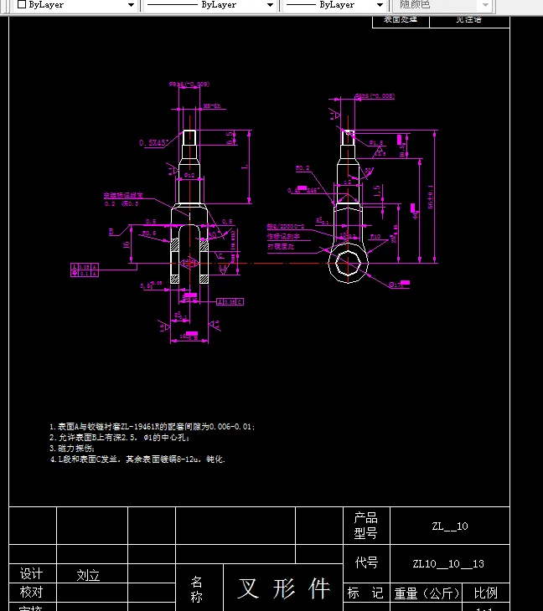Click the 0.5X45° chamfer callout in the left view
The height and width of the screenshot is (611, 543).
pos(153,143)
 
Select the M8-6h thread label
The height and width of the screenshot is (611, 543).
pos(212,106)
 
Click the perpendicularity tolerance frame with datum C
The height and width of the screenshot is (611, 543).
pos(230,300)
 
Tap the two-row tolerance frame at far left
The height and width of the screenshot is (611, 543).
pos(85,269)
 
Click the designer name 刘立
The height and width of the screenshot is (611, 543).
pos(88,576)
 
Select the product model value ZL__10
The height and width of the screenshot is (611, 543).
pos(449,526)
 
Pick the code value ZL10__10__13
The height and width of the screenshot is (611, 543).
pos(449,563)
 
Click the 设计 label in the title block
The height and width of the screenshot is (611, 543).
pos(31,574)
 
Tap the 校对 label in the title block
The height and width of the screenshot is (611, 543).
pos(31,592)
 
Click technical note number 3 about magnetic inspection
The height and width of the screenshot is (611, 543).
pos(72,448)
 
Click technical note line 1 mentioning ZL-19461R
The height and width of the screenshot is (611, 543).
pos(152,426)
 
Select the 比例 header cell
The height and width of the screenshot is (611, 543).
pos(485,593)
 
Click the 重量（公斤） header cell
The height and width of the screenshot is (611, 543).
pos(427,593)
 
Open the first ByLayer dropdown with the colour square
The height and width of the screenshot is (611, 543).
pos(75,5)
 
